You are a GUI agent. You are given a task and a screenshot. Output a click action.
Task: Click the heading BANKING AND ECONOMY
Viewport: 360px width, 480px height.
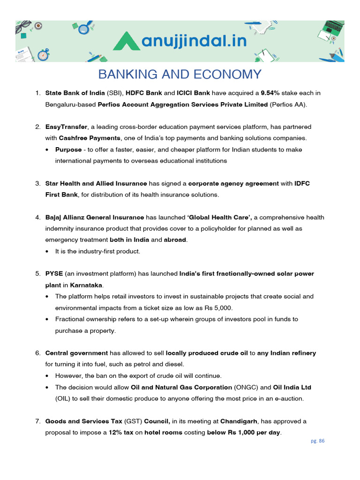(x=180, y=75)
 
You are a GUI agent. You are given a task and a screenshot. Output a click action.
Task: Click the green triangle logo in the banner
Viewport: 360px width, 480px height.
(x=126, y=41)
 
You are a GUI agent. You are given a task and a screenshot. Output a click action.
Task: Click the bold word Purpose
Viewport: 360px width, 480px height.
(x=68, y=150)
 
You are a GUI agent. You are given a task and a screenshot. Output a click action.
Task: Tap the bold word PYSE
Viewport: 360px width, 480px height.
(x=54, y=274)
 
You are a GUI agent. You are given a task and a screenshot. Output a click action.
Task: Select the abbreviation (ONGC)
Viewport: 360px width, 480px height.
(x=246, y=387)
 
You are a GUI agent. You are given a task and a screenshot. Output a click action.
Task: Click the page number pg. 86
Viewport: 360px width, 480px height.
(x=317, y=441)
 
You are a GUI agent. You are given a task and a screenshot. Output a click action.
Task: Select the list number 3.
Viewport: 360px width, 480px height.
(x=38, y=183)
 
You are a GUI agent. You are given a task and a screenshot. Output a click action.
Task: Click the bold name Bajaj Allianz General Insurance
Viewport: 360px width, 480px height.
(x=95, y=217)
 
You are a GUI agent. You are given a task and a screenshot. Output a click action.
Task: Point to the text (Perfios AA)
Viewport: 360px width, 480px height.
(x=288, y=104)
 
